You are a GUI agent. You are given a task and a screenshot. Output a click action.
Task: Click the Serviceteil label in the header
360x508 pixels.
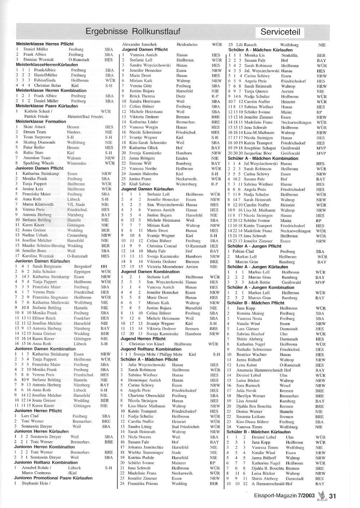(283, 32)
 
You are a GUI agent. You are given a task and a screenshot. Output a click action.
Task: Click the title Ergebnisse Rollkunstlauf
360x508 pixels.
(133, 31)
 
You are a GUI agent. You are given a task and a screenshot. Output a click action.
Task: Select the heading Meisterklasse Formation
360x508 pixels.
(41, 122)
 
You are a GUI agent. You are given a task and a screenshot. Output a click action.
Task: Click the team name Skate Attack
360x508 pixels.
(35, 127)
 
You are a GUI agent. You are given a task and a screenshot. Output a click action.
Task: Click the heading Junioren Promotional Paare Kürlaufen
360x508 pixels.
(53, 478)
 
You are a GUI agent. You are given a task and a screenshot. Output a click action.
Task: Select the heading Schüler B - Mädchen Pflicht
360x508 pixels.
(256, 303)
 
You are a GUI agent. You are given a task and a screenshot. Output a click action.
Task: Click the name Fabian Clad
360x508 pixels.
(243, 251)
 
